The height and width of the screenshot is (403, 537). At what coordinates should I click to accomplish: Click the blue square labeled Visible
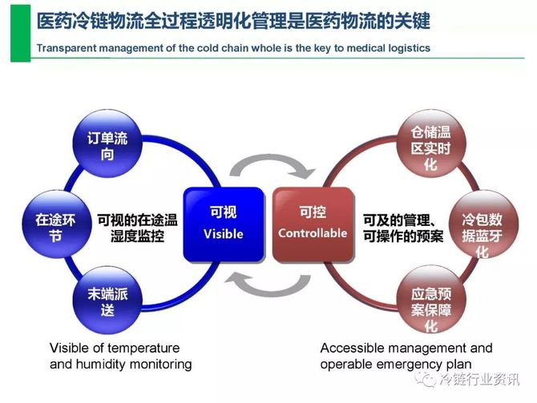click(x=223, y=224)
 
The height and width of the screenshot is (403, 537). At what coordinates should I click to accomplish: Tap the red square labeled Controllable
click(x=313, y=224)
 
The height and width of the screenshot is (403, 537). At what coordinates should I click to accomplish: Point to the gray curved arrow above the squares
click(x=268, y=165)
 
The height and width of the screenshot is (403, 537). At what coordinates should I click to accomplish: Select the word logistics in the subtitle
click(x=407, y=48)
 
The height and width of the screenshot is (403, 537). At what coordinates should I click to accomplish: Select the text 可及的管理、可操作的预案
click(x=398, y=227)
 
